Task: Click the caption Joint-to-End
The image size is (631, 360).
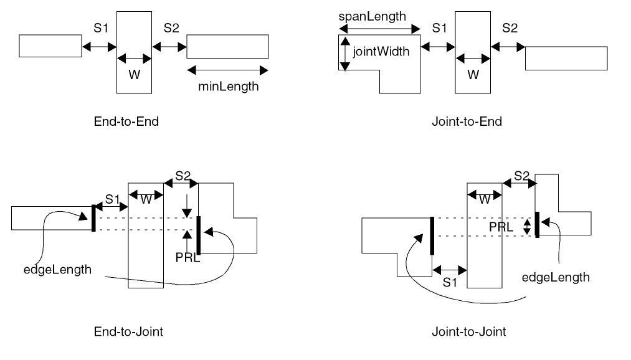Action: pyautogui.click(x=467, y=121)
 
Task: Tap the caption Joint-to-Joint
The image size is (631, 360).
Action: pyautogui.click(x=468, y=331)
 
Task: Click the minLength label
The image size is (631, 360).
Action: pyautogui.click(x=228, y=87)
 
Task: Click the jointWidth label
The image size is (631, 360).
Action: pyautogui.click(x=381, y=52)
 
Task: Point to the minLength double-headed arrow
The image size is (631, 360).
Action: pyautogui.click(x=227, y=70)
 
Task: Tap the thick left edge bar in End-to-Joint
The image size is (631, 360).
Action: pyautogui.click(x=93, y=218)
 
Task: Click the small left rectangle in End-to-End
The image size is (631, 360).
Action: pyautogui.click(x=50, y=45)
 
